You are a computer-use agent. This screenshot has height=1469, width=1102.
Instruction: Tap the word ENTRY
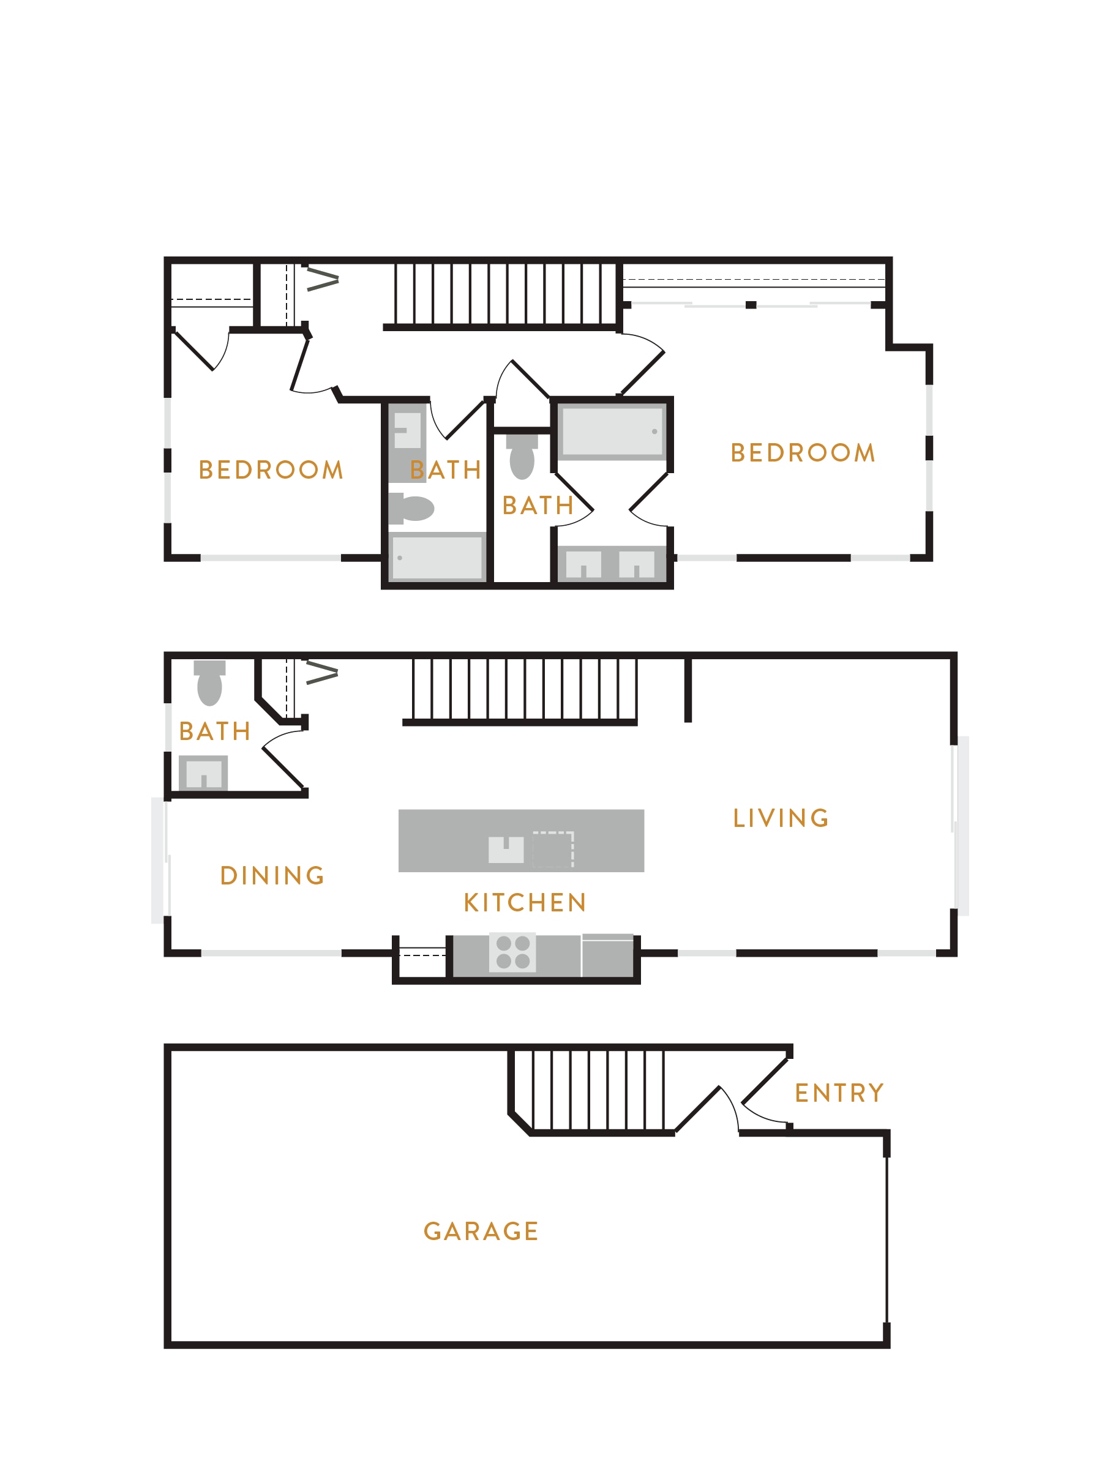coord(839,1093)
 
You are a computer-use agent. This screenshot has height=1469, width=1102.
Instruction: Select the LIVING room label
coord(781,818)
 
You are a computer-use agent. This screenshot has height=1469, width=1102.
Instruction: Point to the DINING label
coord(272,875)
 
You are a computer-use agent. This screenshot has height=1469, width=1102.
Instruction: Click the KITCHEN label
coord(525,903)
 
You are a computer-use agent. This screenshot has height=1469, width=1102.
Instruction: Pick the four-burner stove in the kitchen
coord(513,952)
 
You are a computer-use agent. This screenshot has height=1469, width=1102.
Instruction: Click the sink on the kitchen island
coord(506,850)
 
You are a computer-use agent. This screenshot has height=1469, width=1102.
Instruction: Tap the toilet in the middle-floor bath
coord(209,682)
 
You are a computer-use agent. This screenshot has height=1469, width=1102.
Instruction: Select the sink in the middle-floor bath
coord(203,773)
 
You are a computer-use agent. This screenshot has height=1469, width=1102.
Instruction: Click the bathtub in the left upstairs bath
coord(437,556)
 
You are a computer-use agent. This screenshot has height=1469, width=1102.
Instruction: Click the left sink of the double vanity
coord(583,564)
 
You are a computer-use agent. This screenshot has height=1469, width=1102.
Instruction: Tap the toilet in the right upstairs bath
coord(522,456)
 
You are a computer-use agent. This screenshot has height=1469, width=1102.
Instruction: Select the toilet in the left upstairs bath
coord(411,508)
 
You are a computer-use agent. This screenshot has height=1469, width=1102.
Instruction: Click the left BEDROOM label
coord(271,469)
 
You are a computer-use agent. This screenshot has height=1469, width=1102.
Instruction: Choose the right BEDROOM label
coord(803,452)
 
